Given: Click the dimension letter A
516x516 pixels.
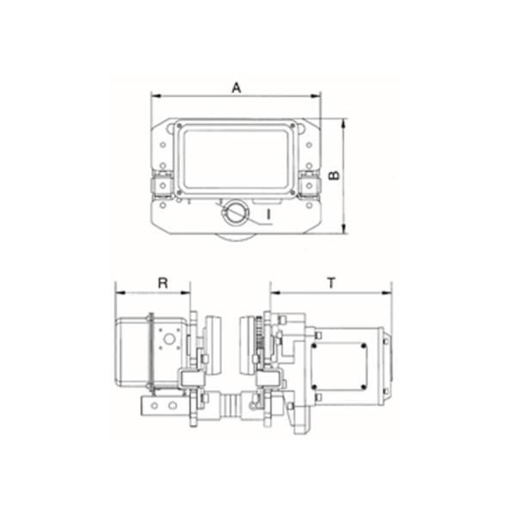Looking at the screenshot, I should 235,86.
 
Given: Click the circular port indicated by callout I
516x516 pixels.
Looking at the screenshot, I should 234,211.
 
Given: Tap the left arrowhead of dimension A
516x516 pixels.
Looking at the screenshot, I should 154,95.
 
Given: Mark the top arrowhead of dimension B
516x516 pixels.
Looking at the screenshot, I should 343,122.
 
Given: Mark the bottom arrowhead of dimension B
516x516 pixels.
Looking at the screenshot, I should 343,229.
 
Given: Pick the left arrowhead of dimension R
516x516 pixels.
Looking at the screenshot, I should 118,291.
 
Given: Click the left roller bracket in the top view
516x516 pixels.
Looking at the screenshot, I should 160,184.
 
